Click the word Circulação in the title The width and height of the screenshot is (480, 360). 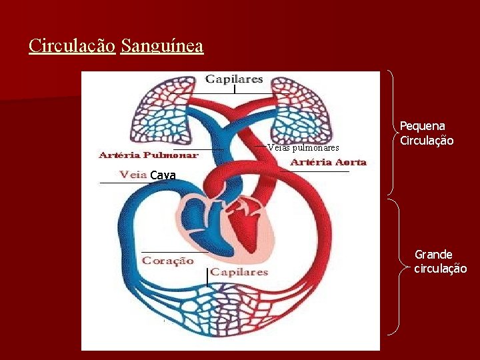72,47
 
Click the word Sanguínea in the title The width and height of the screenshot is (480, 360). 162,47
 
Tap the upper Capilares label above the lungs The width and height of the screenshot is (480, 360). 234,79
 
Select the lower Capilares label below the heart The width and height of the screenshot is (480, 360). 239,272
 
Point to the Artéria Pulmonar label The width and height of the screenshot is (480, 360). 148,155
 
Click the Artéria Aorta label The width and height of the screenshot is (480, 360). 328,162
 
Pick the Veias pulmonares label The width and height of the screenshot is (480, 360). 303,147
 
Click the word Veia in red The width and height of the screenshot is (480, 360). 133,175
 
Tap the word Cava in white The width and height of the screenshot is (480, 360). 163,175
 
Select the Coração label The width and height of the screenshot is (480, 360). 167,261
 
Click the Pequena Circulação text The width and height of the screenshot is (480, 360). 427,133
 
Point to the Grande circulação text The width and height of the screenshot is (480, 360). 440,261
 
